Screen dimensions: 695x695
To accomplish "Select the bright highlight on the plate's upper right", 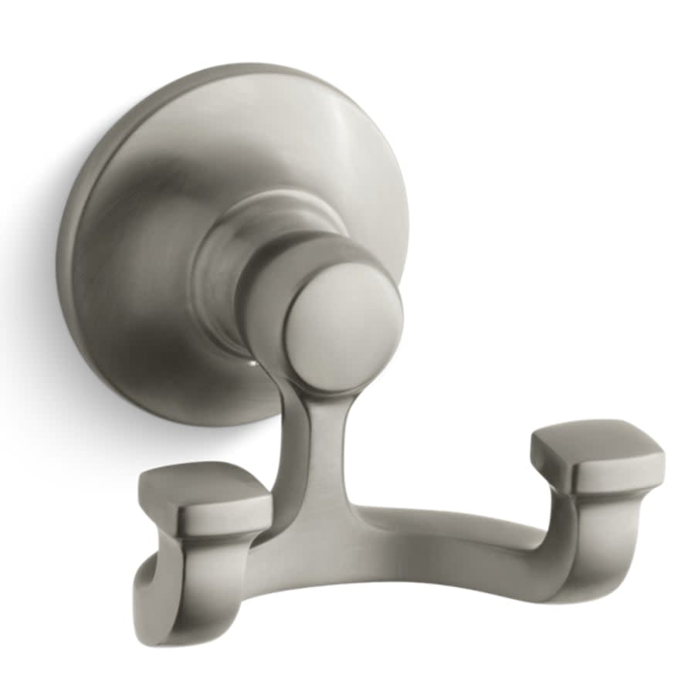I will (x=340, y=139).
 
